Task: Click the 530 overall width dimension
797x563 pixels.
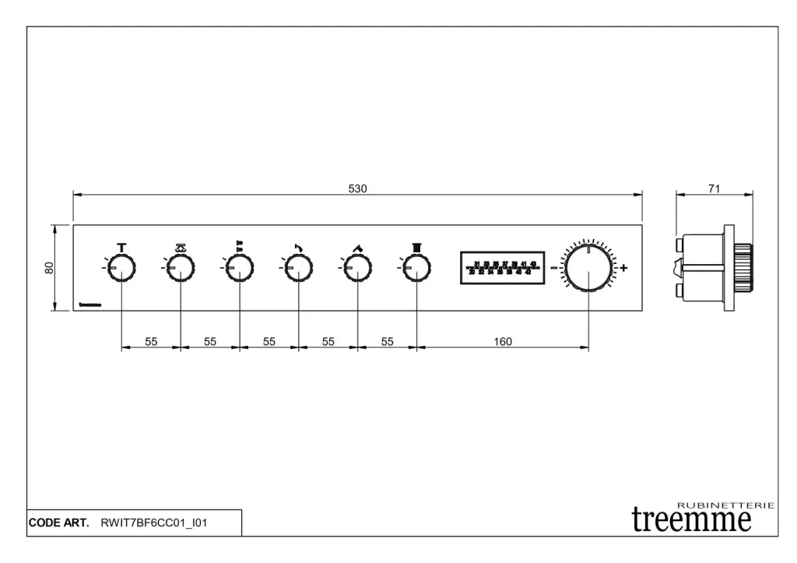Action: (357, 188)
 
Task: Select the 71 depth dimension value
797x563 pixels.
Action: (714, 188)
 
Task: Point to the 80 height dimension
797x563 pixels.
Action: (49, 267)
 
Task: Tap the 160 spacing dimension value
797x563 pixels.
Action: (503, 341)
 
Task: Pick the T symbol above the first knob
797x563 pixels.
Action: (121, 248)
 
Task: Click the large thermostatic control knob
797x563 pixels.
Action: (588, 267)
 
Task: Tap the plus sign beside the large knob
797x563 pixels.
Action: (623, 268)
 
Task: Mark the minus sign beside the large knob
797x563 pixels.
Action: (554, 268)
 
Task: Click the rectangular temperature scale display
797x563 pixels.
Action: (502, 268)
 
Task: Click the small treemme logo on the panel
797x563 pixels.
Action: (90, 305)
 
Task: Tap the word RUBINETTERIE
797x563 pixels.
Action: (725, 505)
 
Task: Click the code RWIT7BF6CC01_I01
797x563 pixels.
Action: (154, 523)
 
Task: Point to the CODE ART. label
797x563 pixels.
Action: (59, 523)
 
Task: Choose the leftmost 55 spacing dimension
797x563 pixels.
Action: (151, 341)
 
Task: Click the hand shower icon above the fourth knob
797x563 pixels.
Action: (299, 248)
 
